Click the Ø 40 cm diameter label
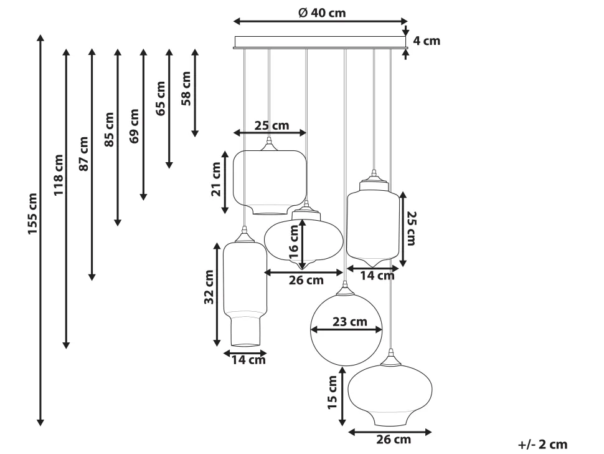322,12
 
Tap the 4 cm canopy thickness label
427,41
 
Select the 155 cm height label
32,214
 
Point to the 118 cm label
58,175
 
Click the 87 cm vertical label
83,153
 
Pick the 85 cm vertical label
110,129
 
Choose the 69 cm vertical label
134,126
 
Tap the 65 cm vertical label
161,99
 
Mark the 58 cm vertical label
186,89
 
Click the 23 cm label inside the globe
350,321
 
